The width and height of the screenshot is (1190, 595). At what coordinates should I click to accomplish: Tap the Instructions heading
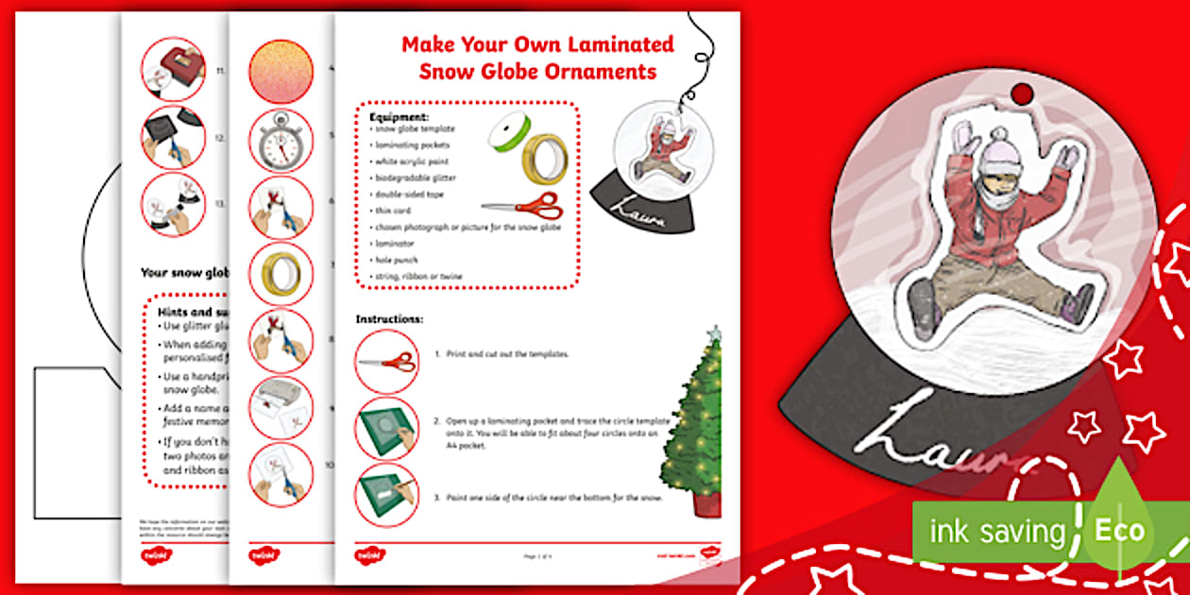coord(389,319)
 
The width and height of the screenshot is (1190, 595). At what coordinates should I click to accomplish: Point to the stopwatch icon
coord(280,141)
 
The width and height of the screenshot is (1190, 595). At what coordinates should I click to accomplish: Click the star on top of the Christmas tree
coord(715,333)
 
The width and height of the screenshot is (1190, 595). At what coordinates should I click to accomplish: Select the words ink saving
coord(997,531)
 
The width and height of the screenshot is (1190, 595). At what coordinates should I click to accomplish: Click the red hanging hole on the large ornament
coord(1023,93)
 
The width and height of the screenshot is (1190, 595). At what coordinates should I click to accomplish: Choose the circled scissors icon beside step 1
coord(386,362)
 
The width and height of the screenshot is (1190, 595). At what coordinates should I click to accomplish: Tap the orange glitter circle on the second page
coord(280,73)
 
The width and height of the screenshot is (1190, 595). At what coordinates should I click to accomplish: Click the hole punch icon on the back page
coord(172,70)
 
